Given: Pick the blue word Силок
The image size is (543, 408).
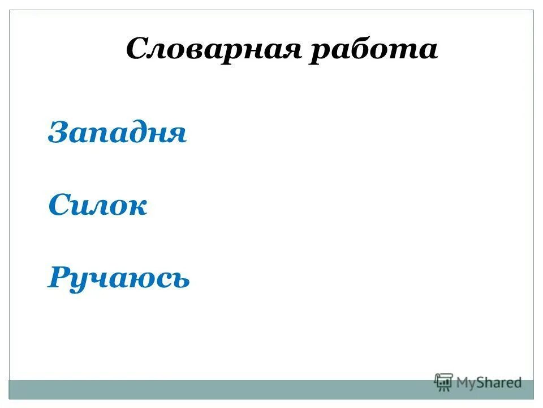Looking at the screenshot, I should [x=98, y=206].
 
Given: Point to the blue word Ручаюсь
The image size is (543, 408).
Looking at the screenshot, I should [x=118, y=278].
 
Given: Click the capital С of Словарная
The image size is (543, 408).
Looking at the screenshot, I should [x=137, y=49].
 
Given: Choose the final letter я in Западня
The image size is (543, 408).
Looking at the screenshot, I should [x=175, y=136].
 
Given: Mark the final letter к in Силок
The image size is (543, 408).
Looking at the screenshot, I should [x=137, y=207].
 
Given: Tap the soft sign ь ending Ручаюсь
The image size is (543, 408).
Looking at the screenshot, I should [x=180, y=279].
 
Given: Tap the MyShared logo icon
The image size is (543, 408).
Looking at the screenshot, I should [x=444, y=382].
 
